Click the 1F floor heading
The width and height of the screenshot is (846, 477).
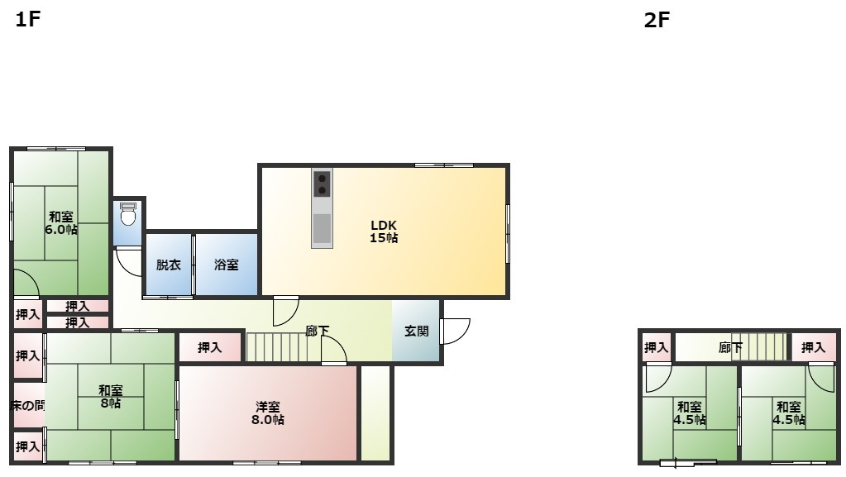(x=27, y=21)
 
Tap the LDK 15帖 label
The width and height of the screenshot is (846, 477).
(x=384, y=231)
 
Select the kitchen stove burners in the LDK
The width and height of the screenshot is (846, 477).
(x=322, y=184)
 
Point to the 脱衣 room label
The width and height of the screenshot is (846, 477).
(x=168, y=265)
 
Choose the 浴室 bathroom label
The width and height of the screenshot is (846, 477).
(x=226, y=265)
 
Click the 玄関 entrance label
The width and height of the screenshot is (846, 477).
(x=416, y=332)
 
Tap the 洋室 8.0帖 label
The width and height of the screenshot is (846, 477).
(x=268, y=413)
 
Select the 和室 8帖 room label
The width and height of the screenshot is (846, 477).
(x=110, y=397)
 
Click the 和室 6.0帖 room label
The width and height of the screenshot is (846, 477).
(x=60, y=223)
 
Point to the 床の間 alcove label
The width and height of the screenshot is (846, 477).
(x=27, y=405)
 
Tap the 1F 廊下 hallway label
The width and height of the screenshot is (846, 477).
(x=317, y=332)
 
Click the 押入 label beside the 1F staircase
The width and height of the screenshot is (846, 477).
(x=210, y=348)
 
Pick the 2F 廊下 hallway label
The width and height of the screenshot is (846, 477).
(x=730, y=348)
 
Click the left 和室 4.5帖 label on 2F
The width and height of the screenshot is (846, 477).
(x=690, y=413)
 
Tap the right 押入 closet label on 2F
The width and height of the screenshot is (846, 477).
(x=813, y=348)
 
